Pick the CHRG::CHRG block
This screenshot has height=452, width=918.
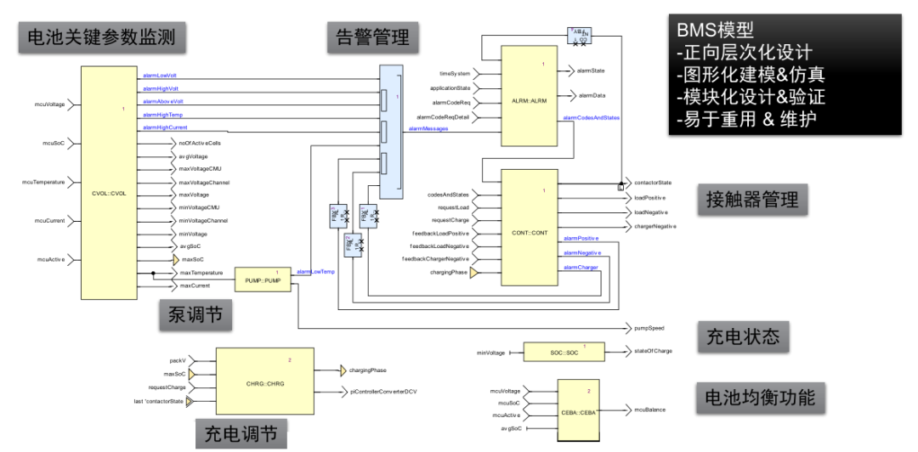pyautogui.click(x=264, y=381)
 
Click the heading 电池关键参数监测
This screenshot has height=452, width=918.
pyautogui.click(x=102, y=37)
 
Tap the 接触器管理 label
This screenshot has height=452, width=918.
pyautogui.click(x=752, y=200)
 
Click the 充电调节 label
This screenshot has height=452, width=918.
pyautogui.click(x=241, y=433)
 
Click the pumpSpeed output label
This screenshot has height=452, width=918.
pyautogui.click(x=649, y=327)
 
